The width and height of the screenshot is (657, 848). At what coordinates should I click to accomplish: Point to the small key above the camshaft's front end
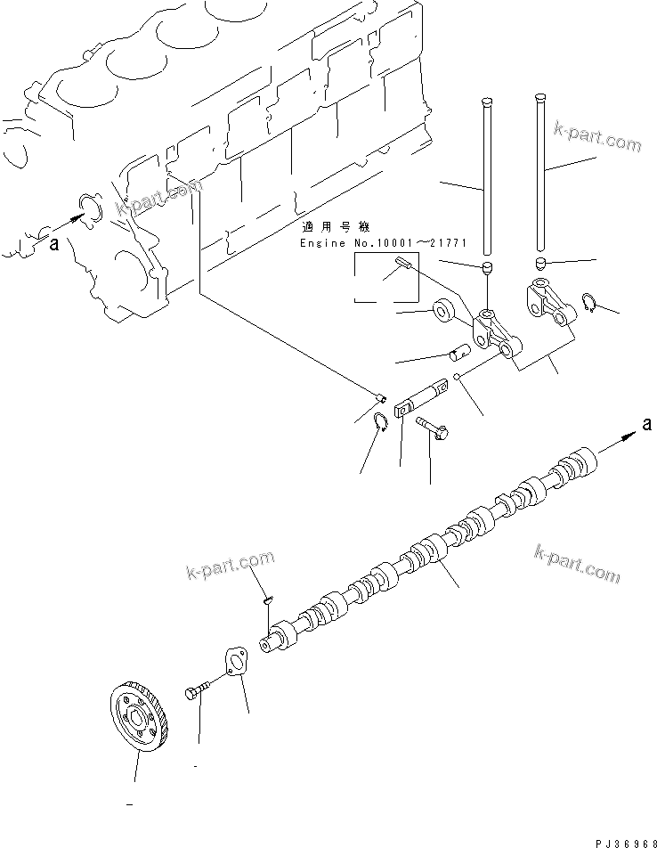pyautogui.click(x=266, y=603)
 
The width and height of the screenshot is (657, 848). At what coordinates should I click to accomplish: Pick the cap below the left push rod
pyautogui.click(x=487, y=268)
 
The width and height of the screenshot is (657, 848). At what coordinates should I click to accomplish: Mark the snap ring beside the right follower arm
pyautogui.click(x=588, y=303)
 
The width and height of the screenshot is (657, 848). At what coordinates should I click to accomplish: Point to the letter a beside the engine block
pyautogui.click(x=54, y=246)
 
